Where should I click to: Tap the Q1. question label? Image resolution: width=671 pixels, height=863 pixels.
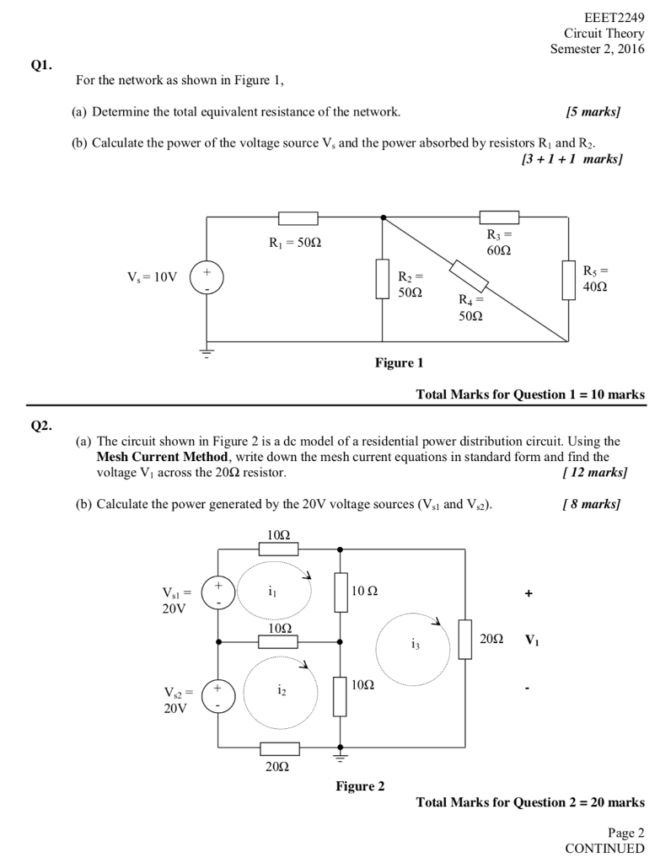click(x=42, y=64)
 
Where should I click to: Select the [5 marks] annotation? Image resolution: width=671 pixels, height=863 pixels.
click(x=593, y=111)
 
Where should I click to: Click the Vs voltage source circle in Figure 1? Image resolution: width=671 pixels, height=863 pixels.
click(x=207, y=277)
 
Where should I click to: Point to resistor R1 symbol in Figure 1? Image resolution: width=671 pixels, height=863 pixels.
click(x=298, y=218)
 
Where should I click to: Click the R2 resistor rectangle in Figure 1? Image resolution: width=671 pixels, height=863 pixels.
click(x=383, y=279)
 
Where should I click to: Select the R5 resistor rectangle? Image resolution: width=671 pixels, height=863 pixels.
click(x=569, y=281)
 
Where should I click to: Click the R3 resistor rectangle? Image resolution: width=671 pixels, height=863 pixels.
click(x=499, y=217)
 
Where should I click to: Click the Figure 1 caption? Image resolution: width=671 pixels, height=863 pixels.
click(x=399, y=363)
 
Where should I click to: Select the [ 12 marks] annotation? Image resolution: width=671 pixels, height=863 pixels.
click(x=594, y=473)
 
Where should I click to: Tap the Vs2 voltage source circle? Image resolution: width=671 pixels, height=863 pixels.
click(x=218, y=697)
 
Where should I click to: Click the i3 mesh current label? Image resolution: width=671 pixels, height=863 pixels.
click(x=415, y=645)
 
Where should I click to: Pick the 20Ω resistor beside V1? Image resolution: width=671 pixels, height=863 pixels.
click(x=465, y=639)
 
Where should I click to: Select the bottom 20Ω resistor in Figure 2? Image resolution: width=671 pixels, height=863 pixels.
click(x=279, y=748)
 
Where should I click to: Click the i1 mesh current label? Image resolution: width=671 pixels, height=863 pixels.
click(x=270, y=592)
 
